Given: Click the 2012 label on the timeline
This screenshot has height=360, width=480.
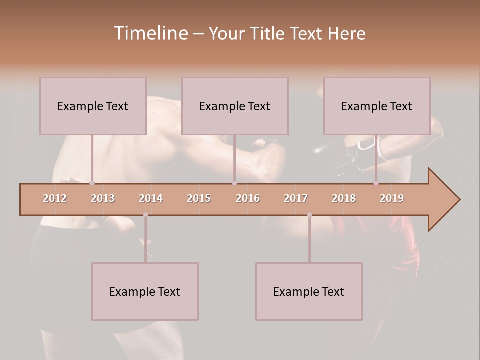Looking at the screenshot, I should click(x=55, y=198).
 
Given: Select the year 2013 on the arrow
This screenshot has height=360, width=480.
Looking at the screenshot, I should click(x=103, y=198).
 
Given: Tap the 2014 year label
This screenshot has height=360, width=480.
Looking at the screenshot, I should click(x=151, y=198).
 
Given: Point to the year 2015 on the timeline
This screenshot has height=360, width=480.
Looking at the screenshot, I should click(x=199, y=198).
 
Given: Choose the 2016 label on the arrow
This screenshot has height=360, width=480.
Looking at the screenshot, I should click(x=248, y=198).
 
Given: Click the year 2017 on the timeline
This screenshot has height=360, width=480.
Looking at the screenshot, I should click(x=296, y=198).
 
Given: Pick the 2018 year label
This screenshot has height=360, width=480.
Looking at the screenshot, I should click(x=344, y=198).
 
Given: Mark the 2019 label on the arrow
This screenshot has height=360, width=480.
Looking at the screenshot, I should click(x=392, y=198).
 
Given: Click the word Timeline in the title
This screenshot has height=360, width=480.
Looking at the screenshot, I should click(x=149, y=33).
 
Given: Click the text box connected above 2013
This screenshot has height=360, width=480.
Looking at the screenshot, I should click(x=93, y=106).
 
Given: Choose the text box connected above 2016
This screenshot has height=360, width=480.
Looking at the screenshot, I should click(x=235, y=106).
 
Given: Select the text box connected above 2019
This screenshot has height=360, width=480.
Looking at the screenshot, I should click(x=377, y=106).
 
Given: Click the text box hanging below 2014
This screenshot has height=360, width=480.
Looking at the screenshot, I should click(x=145, y=291).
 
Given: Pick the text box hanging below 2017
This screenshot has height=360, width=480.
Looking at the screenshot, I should click(x=309, y=291).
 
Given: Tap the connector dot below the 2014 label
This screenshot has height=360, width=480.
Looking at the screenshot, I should click(x=145, y=215).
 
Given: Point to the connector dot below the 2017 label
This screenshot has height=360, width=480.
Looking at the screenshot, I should click(x=309, y=215).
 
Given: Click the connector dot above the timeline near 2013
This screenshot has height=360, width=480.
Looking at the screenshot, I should click(x=92, y=183).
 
